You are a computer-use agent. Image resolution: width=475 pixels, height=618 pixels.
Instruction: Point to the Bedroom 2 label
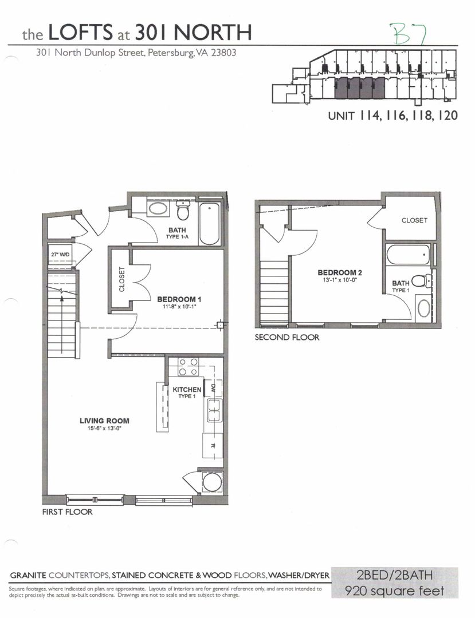pyautogui.click(x=340, y=272)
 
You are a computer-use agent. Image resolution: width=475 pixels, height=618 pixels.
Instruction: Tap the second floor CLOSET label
pyautogui.click(x=414, y=220)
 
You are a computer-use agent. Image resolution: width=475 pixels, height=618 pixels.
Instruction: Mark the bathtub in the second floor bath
pyautogui.click(x=409, y=254)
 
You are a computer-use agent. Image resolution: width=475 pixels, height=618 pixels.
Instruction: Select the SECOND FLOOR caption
pyautogui.click(x=286, y=338)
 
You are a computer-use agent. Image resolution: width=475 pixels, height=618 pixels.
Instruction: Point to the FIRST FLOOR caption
pyautogui.click(x=67, y=512)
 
